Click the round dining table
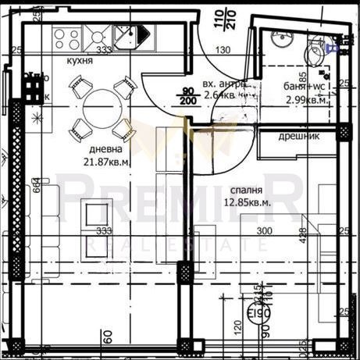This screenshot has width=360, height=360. coord(102,108)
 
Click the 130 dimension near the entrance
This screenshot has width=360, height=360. coord(224,52)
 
